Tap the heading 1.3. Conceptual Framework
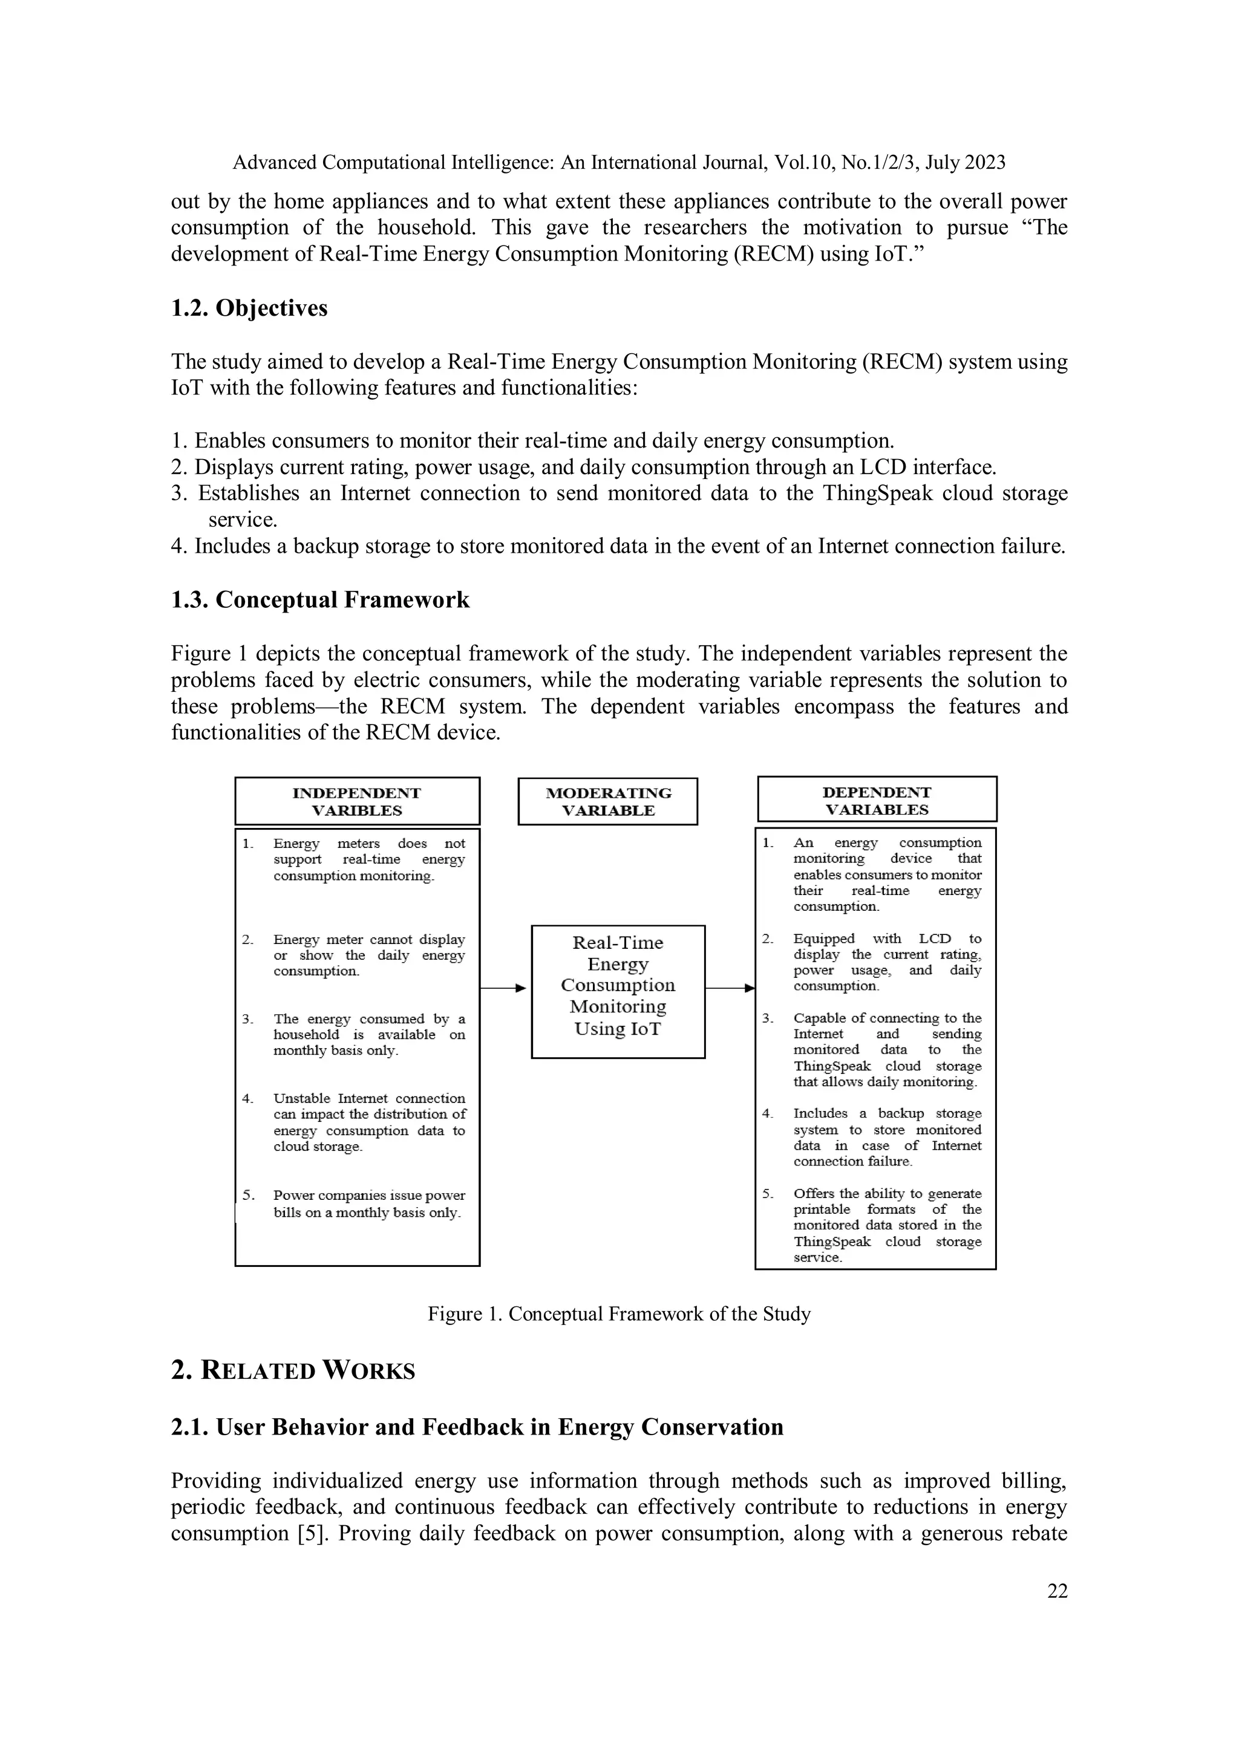320,600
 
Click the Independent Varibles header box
356,801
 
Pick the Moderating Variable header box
607,801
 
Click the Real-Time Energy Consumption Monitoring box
618,991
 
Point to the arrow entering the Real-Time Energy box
504,988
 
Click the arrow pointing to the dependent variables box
730,988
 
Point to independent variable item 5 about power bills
368,1203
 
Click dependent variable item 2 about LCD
886,962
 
